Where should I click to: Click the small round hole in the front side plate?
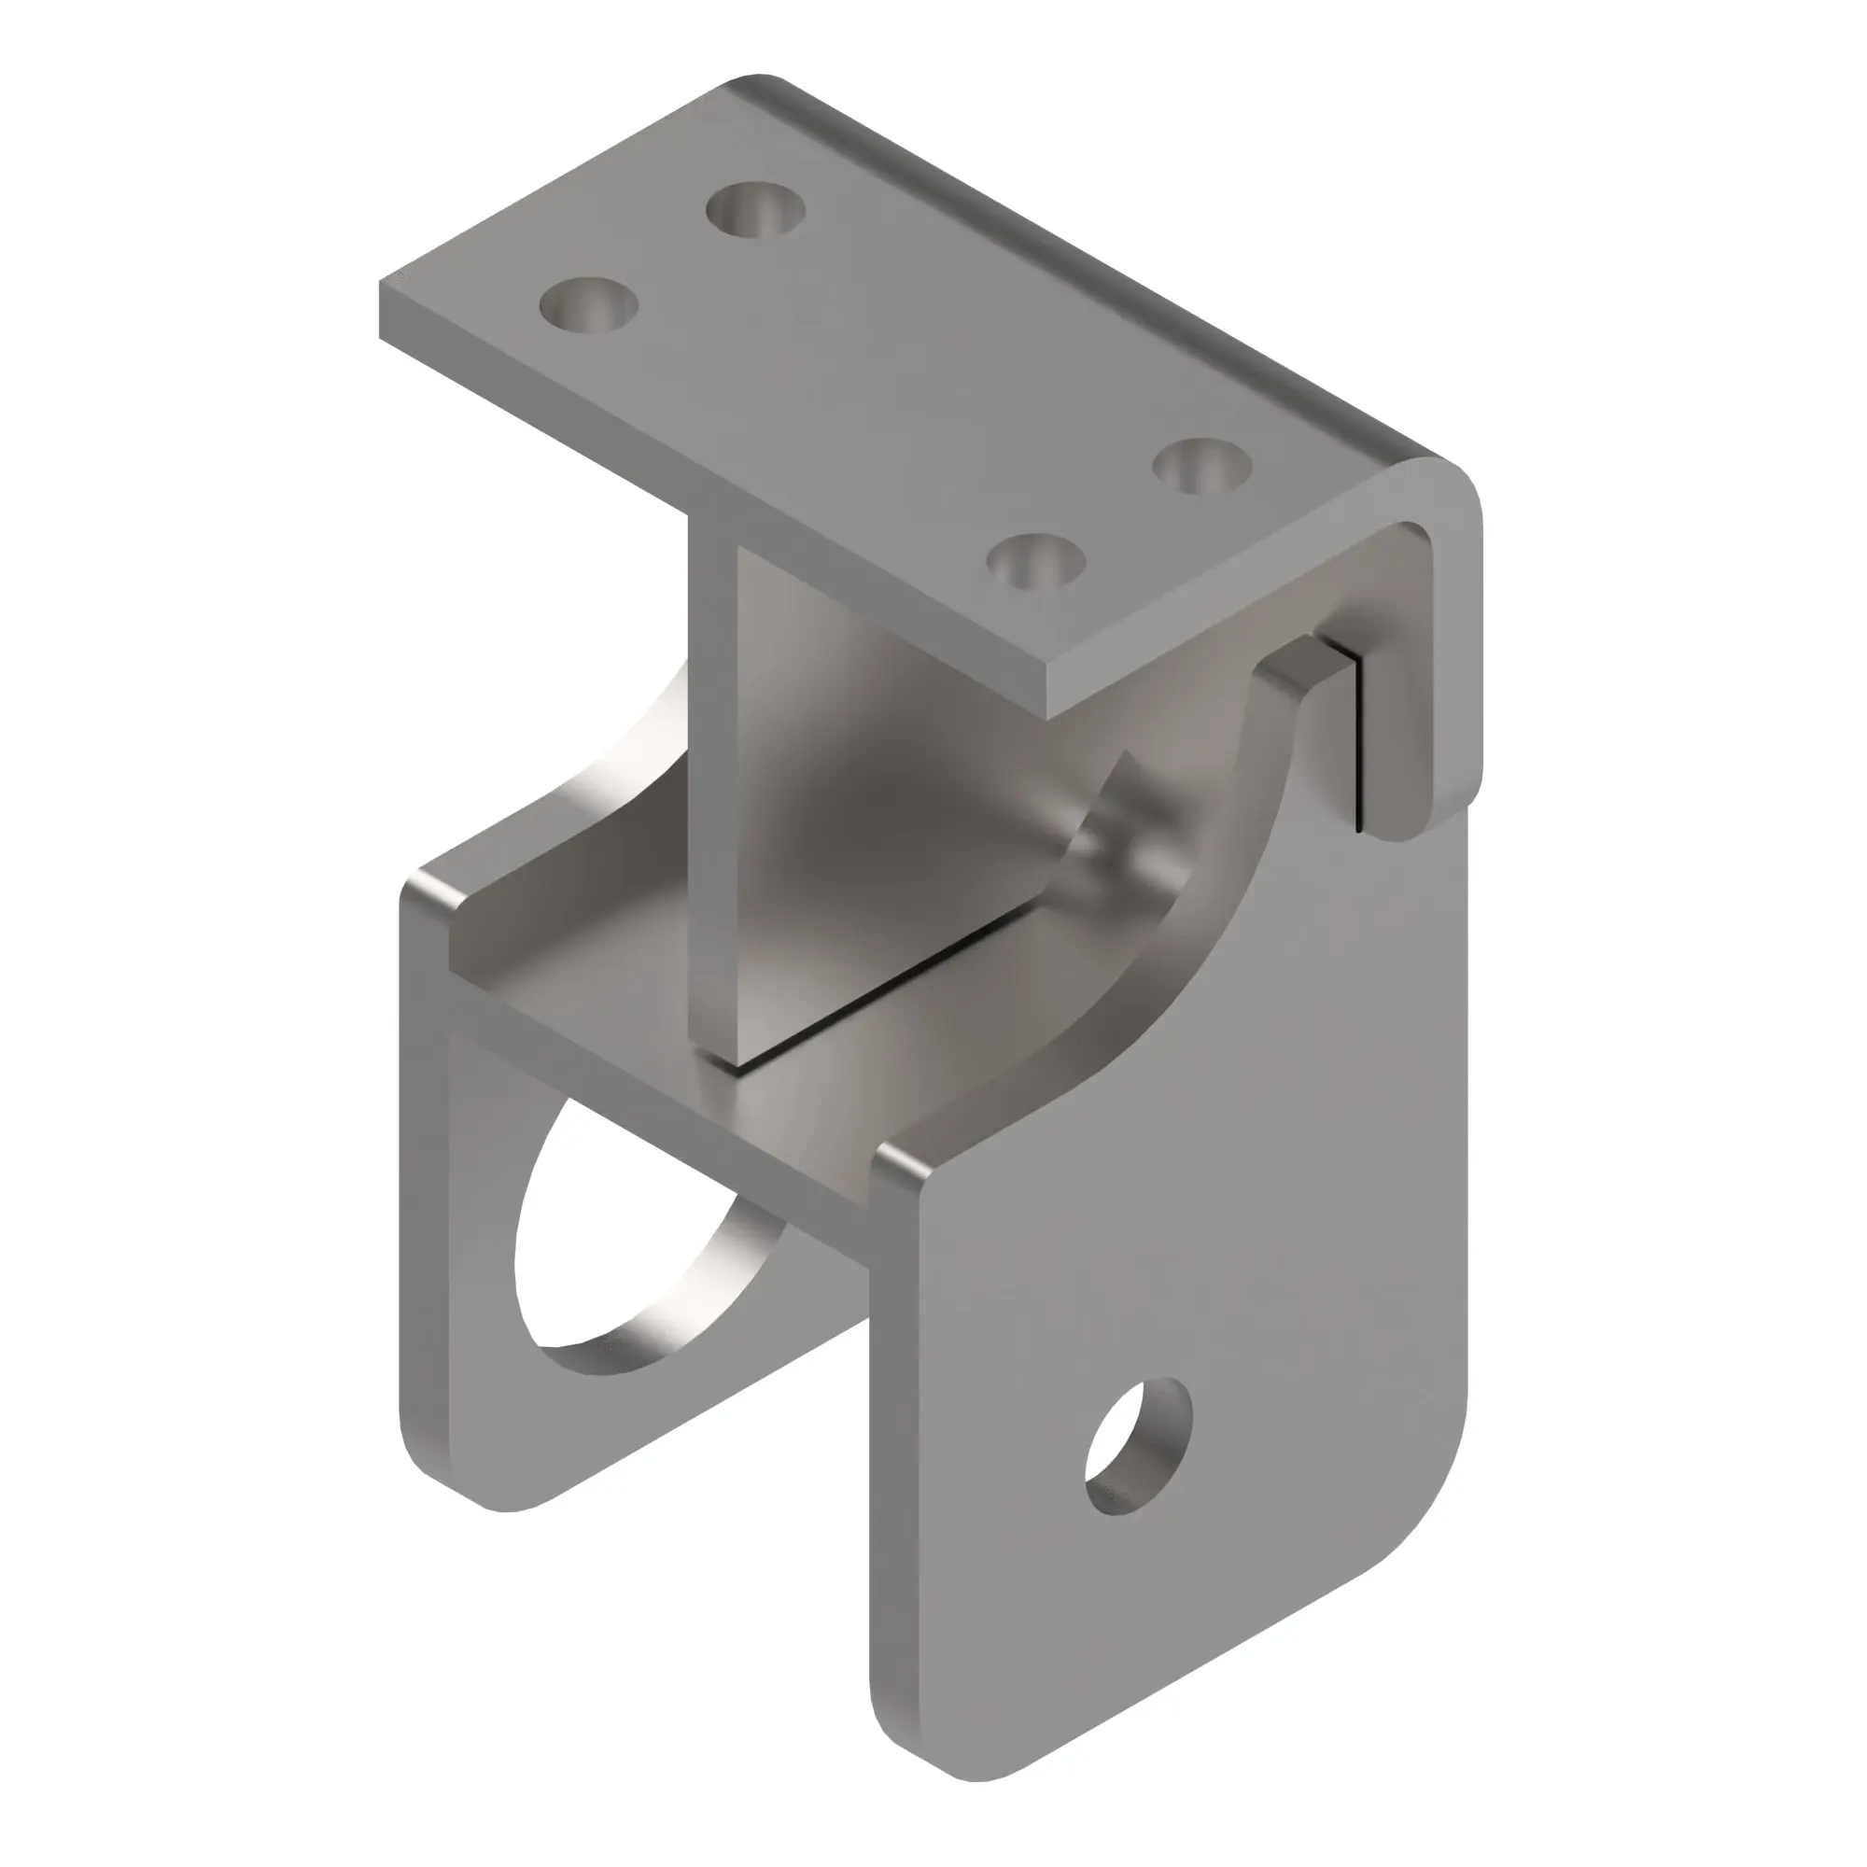pyautogui.click(x=1138, y=1446)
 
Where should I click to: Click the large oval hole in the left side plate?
pyautogui.click(x=619, y=1246)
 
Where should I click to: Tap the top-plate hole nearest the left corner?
pyautogui.click(x=588, y=304)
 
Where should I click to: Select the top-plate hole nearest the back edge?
pyautogui.click(x=754, y=209)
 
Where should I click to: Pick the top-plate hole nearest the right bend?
pyautogui.click(x=1202, y=466)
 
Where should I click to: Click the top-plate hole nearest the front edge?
pyautogui.click(x=1036, y=560)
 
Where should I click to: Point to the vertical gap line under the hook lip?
pyautogui.click(x=1360, y=744)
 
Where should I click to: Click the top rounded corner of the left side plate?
pyautogui.click(x=425, y=889)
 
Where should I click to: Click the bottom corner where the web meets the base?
pyautogui.click(x=720, y=1063)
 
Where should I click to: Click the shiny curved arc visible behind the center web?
pyautogui.click(x=628, y=764)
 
